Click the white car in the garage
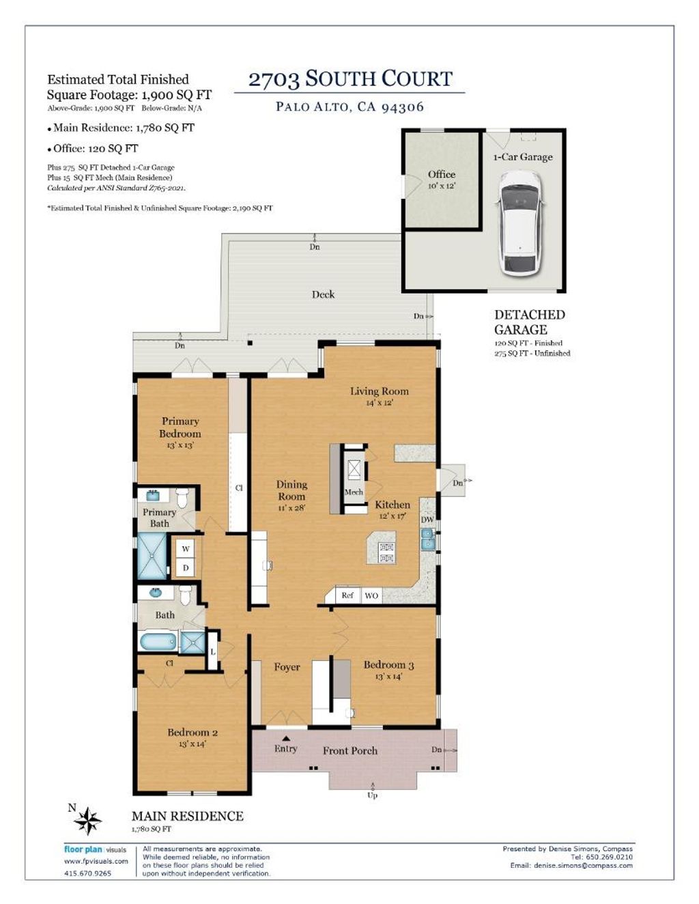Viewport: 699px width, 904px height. [519, 224]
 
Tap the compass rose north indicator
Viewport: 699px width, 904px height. [87, 820]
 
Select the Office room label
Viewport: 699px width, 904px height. [441, 174]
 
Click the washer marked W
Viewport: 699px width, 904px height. [186, 549]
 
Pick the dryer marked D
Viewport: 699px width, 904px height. [186, 567]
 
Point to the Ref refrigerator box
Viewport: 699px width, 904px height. [347, 595]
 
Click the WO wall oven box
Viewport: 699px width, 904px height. [371, 595]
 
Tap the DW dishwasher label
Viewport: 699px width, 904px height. [427, 520]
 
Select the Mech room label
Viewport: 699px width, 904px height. [354, 492]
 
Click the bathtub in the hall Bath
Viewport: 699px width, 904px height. [158, 641]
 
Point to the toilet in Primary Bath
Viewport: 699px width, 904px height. [182, 498]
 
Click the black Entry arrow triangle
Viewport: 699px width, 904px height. [285, 739]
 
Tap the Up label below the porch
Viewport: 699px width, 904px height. [372, 795]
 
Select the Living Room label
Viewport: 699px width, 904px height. [380, 391]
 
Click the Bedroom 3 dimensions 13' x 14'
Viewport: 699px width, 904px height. [388, 677]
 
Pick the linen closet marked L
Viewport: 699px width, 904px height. [212, 651]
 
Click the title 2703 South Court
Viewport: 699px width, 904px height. [350, 79]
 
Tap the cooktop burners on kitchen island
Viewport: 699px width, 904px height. [387, 553]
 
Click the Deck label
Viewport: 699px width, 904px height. [323, 294]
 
